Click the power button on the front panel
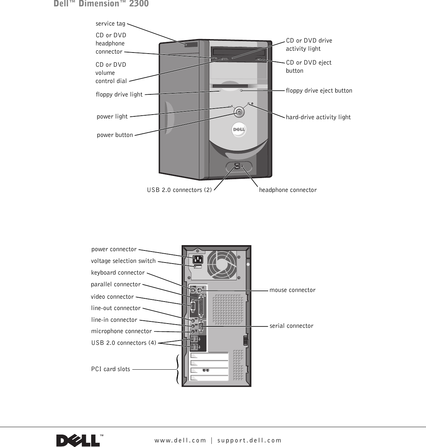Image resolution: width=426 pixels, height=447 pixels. [239, 112]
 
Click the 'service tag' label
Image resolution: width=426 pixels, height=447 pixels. [110, 23]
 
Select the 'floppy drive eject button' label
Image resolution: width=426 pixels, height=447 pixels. [319, 90]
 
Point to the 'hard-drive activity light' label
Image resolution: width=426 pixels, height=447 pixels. [318, 117]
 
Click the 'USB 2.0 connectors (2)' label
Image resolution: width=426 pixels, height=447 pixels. [179, 190]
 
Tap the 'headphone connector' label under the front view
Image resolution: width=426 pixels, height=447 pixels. [288, 190]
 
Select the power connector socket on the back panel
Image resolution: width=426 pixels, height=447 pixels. [197, 259]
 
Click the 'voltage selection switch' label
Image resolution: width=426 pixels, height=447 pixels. [123, 261]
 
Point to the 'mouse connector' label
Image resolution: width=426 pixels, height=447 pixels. [292, 290]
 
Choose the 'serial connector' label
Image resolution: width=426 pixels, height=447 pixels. [291, 326]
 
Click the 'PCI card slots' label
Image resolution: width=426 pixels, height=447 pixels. [110, 369]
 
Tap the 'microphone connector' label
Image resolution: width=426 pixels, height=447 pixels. [121, 331]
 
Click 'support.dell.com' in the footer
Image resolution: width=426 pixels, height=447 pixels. [249, 440]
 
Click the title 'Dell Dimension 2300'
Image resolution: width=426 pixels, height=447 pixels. [101, 4]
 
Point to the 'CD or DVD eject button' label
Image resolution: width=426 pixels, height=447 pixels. [309, 66]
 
